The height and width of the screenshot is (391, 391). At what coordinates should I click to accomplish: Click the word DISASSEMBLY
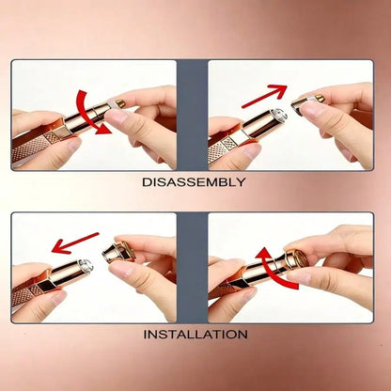[194, 182]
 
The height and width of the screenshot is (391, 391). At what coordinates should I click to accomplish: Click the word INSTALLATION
[195, 335]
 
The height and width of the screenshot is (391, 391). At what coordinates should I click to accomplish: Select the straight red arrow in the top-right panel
[265, 96]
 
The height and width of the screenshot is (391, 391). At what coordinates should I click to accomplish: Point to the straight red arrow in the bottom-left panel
[75, 242]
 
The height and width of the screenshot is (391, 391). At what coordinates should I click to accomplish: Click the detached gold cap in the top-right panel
[299, 104]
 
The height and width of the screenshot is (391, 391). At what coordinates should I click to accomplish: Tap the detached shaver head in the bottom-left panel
[119, 252]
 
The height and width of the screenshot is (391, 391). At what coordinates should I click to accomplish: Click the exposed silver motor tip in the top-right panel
[277, 116]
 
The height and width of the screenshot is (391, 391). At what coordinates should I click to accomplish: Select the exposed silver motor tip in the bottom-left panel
[86, 265]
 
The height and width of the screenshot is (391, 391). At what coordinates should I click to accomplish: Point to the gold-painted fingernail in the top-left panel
[120, 102]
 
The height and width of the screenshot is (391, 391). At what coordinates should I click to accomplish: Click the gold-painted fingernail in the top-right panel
[320, 98]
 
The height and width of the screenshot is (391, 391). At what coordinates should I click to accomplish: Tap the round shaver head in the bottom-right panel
[298, 258]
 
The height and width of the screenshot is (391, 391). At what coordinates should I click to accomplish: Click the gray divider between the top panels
[193, 115]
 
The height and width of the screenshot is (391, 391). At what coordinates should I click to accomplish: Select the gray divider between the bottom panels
[193, 268]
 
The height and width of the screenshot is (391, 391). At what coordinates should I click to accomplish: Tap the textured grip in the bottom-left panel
[26, 296]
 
